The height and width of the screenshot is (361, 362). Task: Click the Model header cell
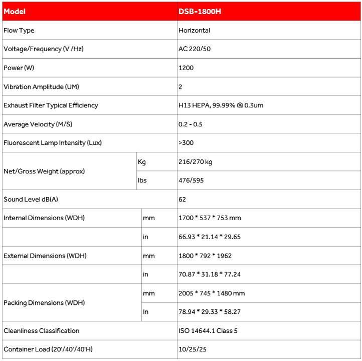pos(15,12)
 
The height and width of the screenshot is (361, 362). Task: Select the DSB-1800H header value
pos(200,12)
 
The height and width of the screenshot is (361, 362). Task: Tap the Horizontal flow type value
pos(194,31)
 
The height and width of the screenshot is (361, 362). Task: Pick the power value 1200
pos(186,68)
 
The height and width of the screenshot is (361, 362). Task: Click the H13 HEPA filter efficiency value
pos(221,106)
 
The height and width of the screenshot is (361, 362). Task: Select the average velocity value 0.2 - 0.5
pos(191,124)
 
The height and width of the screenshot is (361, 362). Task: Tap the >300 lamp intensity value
pos(186,143)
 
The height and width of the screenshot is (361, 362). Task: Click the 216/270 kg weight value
pos(196,162)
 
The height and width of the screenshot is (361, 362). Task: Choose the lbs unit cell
pos(142,180)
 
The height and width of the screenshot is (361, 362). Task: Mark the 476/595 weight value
pos(191,180)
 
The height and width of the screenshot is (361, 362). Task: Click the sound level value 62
pos(182,200)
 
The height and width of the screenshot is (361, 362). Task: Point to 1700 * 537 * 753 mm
pos(210,218)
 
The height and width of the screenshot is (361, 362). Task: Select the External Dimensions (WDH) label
pos(45,256)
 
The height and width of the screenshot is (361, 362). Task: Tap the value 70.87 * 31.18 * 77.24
pos(209,274)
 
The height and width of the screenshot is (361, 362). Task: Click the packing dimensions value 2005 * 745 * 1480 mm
pos(212,293)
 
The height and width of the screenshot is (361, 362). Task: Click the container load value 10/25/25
pos(192,349)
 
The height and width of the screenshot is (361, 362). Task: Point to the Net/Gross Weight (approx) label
pos(44,171)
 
